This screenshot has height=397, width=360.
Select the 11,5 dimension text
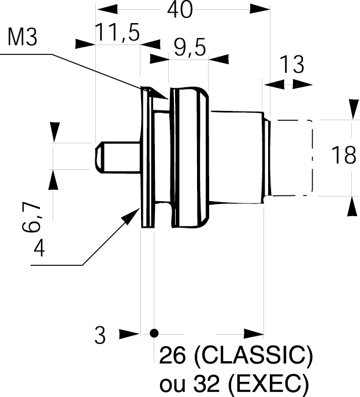118,35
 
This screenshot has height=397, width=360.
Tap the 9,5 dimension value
188,49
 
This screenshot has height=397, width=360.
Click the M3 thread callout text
24,39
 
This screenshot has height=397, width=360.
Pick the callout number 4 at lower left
39,248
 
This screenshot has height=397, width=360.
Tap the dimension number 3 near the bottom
101,336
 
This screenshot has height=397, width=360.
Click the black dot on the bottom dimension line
154,333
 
